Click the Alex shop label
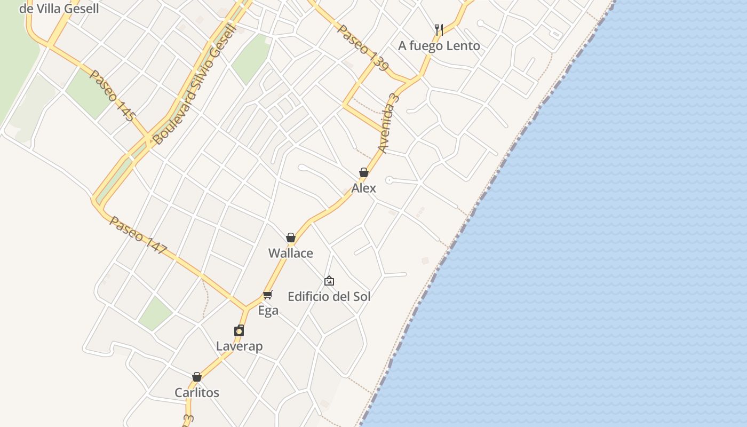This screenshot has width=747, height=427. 363,188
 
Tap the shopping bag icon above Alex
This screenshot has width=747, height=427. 363,172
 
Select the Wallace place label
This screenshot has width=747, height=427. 290,253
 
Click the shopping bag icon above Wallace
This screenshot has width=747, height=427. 291,238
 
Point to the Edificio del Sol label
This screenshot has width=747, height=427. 329,297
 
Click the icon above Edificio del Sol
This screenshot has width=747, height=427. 329,281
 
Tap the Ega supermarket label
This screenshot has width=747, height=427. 268,311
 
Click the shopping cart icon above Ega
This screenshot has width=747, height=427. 268,295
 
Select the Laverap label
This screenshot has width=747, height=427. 239,346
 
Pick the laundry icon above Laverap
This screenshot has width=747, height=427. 239,331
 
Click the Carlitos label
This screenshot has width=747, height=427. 197,393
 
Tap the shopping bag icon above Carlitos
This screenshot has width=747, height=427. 197,377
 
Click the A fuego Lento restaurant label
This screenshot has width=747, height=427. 439,46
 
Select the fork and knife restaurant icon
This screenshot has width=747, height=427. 439,30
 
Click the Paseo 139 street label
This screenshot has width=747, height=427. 363,48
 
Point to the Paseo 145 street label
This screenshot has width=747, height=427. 112,96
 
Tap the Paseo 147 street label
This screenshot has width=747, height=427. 138,235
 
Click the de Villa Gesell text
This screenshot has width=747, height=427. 59,9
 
